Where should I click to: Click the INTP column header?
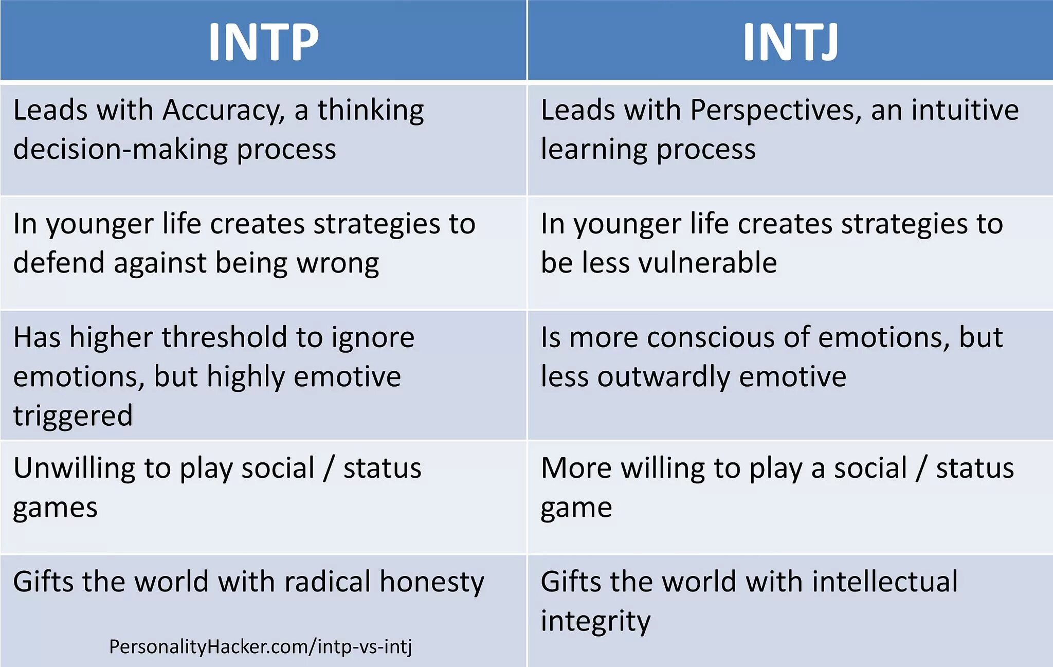click(x=263, y=41)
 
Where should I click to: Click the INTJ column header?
click(x=790, y=41)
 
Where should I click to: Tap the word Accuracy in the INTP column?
click(x=223, y=111)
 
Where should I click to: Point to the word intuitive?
click(x=965, y=111)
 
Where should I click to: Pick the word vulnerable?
click(x=707, y=263)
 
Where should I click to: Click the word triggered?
click(x=72, y=416)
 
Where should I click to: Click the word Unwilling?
click(x=74, y=468)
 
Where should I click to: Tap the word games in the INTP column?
click(x=55, y=508)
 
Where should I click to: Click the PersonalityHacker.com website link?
click(x=260, y=647)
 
